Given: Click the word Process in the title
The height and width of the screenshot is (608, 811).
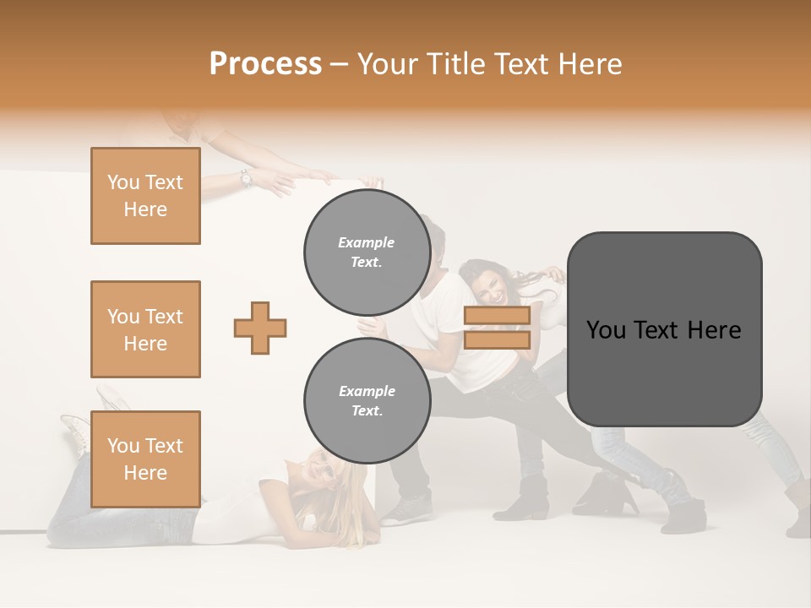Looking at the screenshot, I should [x=265, y=64].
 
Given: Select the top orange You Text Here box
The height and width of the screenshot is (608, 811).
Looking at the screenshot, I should [x=145, y=196].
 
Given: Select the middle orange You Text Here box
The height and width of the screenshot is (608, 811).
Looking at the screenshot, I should [x=145, y=329].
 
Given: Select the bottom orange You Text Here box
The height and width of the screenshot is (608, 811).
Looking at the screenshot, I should [x=145, y=459].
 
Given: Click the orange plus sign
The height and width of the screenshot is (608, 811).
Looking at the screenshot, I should [x=260, y=328].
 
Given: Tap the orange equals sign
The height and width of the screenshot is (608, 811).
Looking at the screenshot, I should [x=497, y=328].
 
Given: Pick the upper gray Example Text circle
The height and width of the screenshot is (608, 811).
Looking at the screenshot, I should [x=367, y=252].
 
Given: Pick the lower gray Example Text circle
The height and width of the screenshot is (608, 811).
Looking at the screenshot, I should [x=367, y=400].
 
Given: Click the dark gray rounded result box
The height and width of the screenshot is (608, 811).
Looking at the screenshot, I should [x=664, y=329].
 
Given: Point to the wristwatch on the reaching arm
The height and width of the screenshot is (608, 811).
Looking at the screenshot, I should [x=246, y=177].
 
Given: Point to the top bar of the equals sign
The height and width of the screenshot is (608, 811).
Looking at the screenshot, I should [x=497, y=316].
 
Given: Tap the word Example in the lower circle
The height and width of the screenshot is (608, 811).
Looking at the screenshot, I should [x=367, y=391].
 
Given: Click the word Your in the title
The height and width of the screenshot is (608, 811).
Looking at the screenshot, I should [x=387, y=64].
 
